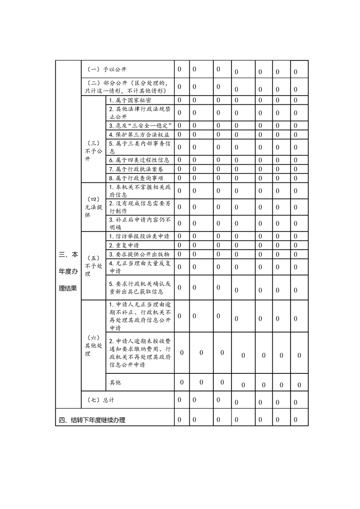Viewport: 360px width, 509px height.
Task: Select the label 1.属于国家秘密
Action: click(x=130, y=100)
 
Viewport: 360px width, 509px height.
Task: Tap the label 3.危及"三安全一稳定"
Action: click(x=139, y=125)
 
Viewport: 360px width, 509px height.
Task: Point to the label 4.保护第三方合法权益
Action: click(x=139, y=134)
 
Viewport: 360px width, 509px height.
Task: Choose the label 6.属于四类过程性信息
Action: click(x=139, y=160)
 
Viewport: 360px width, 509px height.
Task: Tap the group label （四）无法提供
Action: click(x=94, y=207)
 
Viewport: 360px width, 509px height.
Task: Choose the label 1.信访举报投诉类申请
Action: click(x=139, y=236)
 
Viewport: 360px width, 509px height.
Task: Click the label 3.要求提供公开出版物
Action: click(x=139, y=254)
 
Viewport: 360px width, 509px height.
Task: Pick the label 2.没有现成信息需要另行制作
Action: click(x=139, y=207)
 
